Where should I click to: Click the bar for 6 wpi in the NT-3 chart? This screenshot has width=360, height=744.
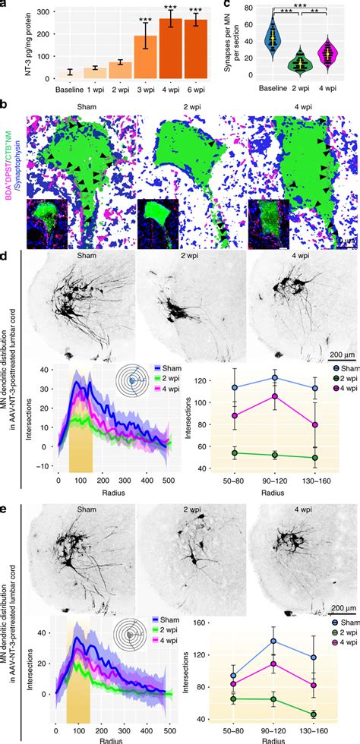coord(198,52)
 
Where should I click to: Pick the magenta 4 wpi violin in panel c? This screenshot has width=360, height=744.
coord(327,55)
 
